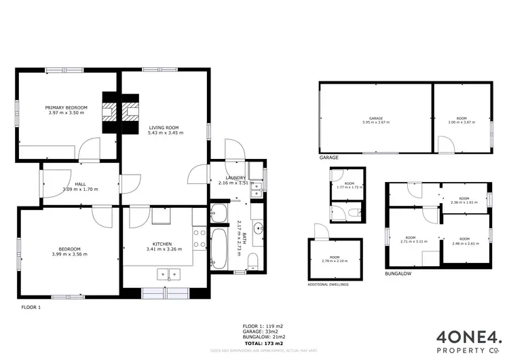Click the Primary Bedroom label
66,107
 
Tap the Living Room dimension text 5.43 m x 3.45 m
163,132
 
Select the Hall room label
79,184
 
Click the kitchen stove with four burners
200,238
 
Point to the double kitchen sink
168,274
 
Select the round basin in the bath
258,229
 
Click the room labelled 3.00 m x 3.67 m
461,122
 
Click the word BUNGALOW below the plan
397,275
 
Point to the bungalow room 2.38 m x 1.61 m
464,202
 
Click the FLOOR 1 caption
31,307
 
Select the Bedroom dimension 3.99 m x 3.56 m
69,254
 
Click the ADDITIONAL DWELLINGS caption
329,284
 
